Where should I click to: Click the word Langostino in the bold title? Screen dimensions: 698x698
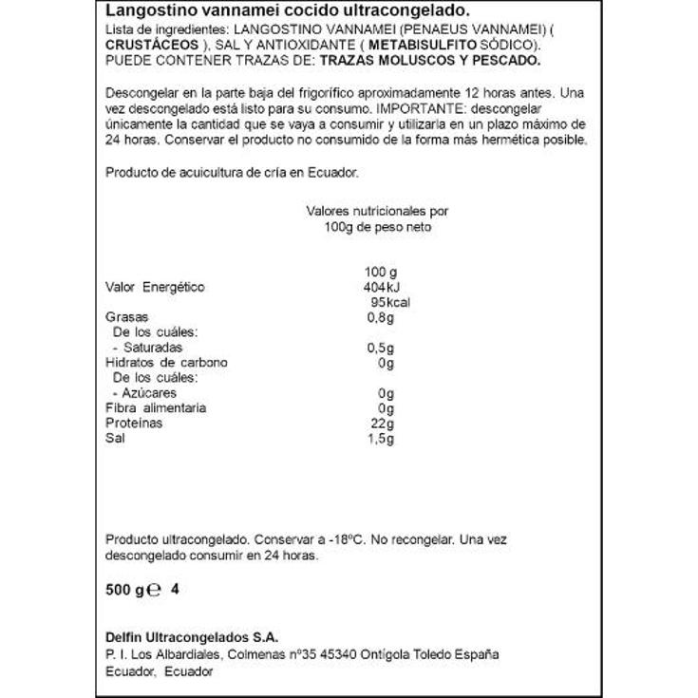(x=142, y=10)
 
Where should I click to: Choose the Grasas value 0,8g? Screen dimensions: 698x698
(x=380, y=318)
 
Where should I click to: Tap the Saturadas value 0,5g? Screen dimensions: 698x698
(x=380, y=348)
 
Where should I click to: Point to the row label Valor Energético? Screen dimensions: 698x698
(x=155, y=288)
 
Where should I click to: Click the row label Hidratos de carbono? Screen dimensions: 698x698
(x=167, y=363)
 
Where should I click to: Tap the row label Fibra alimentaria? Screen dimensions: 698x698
(x=156, y=408)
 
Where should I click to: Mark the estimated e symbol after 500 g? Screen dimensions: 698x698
(x=156, y=590)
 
